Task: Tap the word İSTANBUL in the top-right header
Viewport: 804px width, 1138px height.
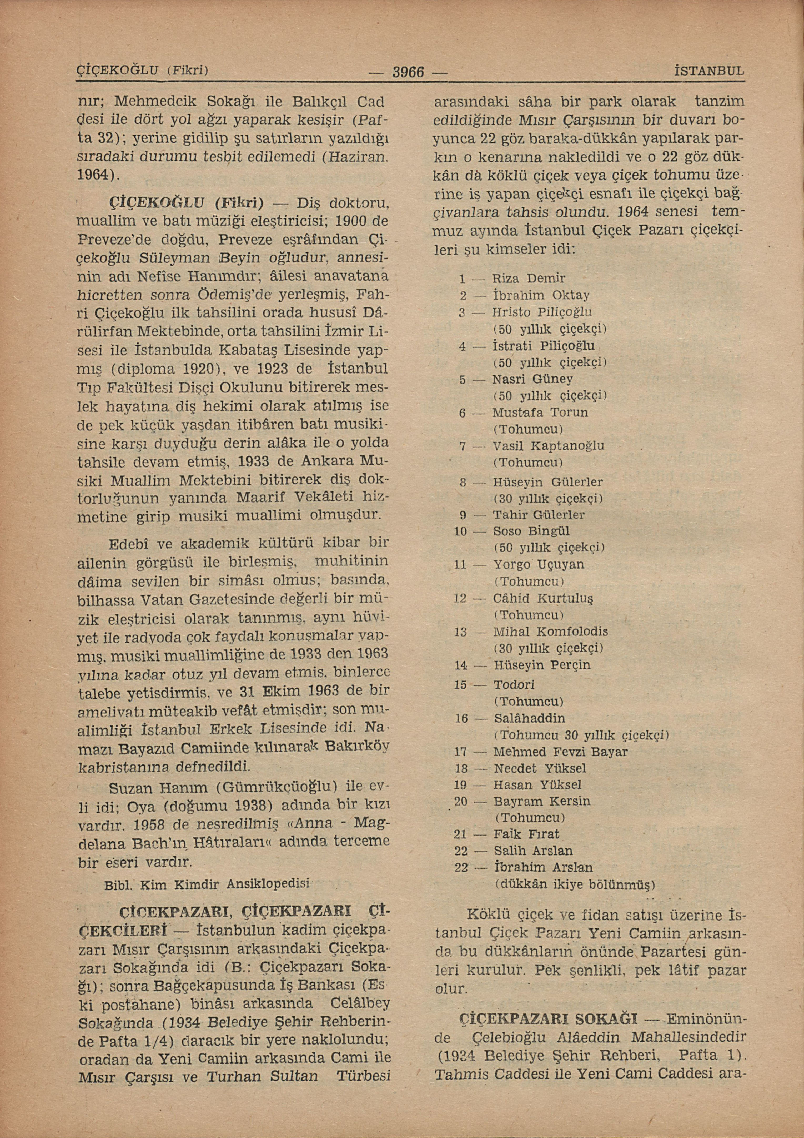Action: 709,71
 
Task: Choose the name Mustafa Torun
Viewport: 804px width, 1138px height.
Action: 540,413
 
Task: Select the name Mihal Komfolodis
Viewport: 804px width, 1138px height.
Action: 550,632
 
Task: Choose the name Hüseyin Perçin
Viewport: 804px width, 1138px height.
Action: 542,665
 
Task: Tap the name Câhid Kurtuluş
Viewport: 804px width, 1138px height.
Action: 543,598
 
